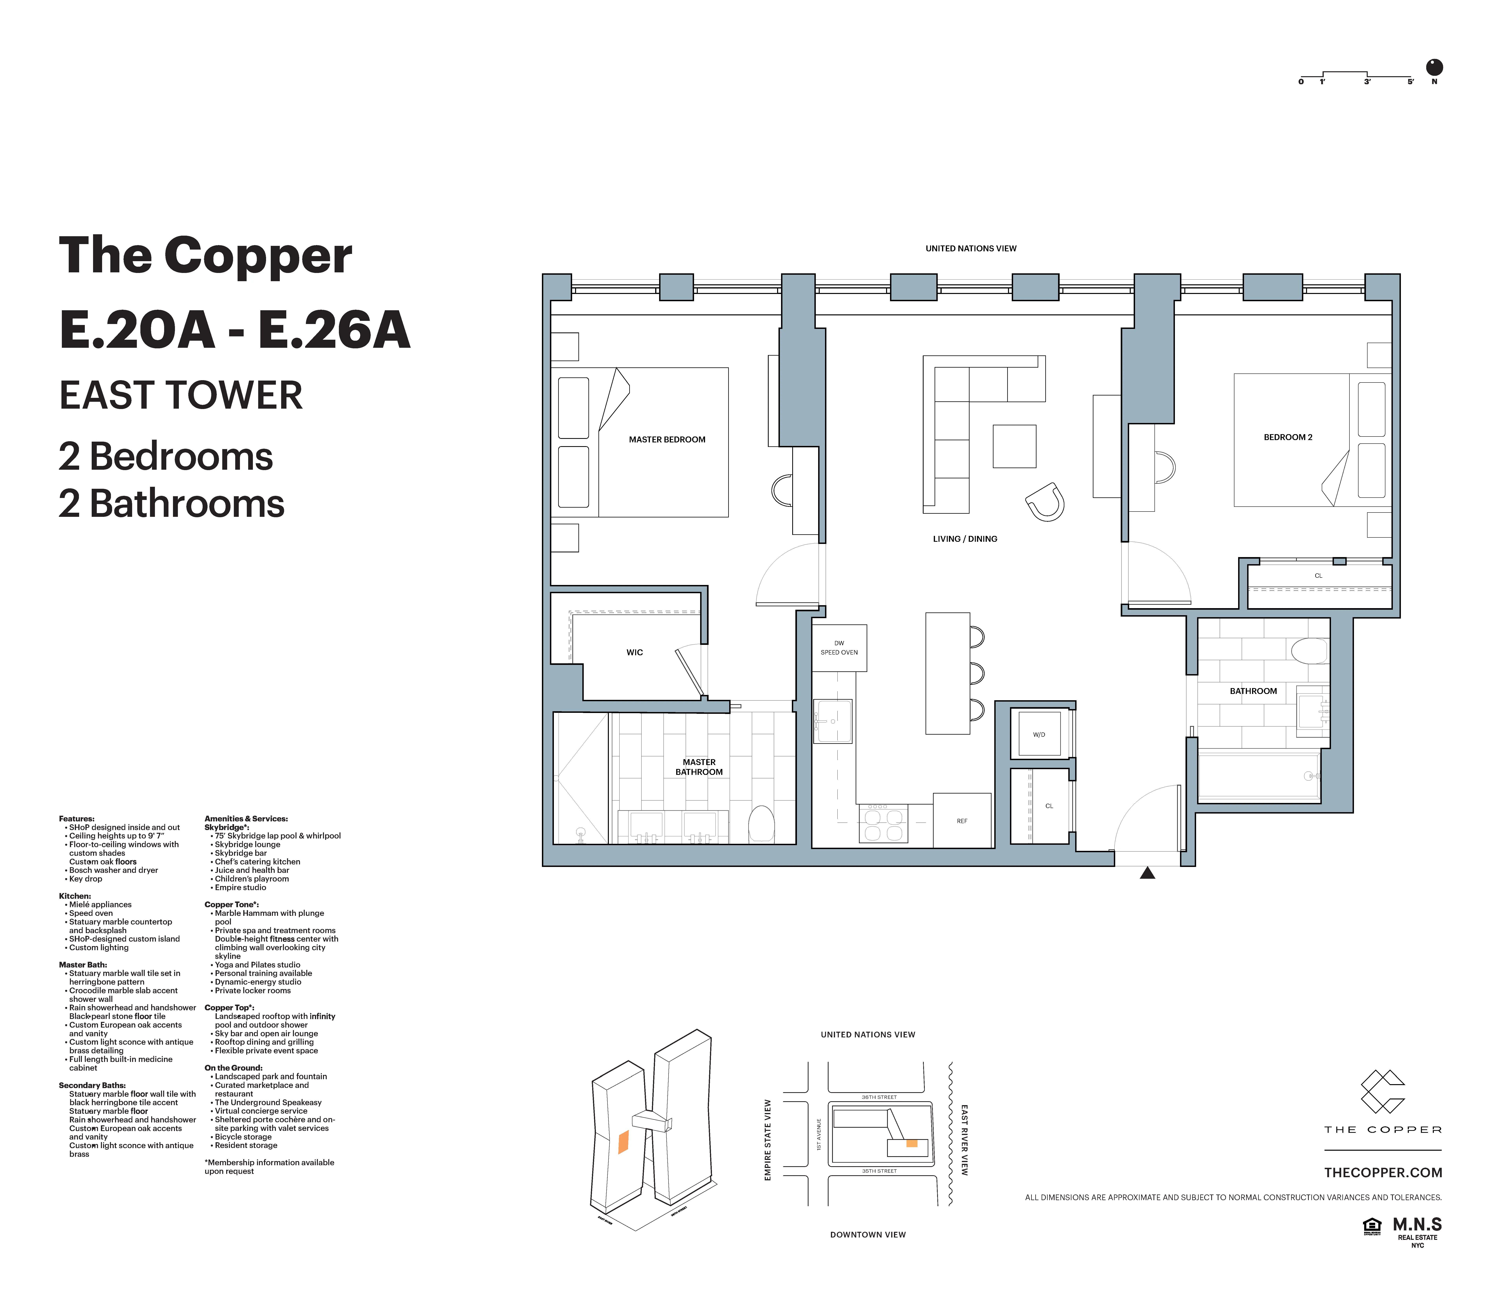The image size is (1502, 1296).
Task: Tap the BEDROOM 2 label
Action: [1287, 437]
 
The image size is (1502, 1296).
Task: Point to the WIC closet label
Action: [634, 652]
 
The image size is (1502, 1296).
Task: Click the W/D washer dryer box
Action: [1039, 734]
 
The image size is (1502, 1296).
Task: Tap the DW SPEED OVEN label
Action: [839, 647]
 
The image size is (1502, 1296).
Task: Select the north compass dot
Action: [1434, 67]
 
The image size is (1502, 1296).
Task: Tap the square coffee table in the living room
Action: [1014, 446]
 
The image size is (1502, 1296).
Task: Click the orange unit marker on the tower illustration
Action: [623, 1142]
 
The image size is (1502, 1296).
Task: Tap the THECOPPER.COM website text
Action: [1382, 1172]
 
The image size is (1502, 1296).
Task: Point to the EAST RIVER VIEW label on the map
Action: [964, 1139]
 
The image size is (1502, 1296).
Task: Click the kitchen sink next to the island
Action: [833, 721]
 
